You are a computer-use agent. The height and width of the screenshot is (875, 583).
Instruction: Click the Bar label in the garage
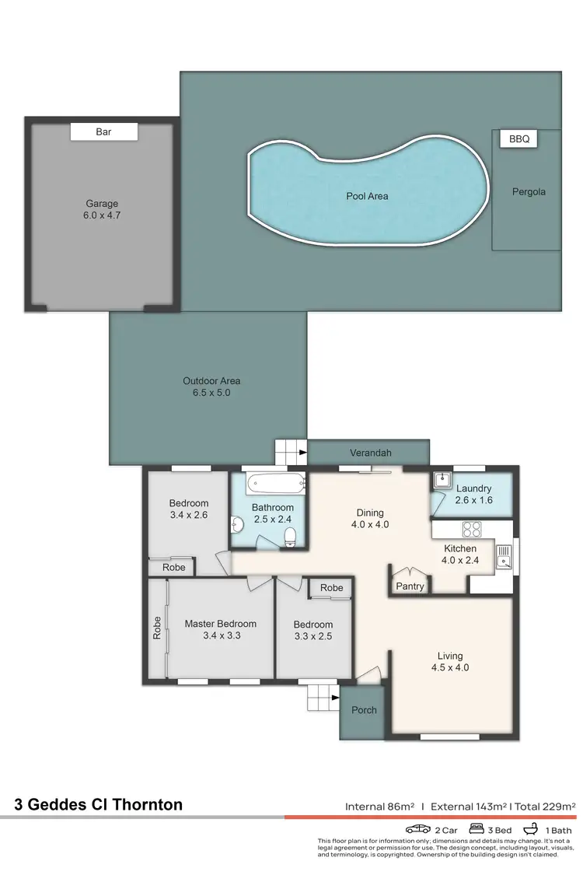[x=103, y=132]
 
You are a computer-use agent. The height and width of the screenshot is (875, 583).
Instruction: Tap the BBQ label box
[x=518, y=139]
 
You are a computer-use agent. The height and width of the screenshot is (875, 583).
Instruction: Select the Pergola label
[x=529, y=191]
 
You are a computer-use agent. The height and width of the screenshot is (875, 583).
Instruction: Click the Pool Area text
[x=367, y=196]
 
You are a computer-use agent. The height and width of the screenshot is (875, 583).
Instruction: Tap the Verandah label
[x=370, y=453]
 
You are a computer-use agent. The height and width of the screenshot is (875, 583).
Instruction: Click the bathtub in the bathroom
[x=275, y=484]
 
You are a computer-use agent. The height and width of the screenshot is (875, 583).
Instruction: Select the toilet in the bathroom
[x=289, y=537]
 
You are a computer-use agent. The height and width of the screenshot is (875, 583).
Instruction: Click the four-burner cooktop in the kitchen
[x=472, y=530]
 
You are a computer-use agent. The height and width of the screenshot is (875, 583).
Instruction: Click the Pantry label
[x=410, y=586]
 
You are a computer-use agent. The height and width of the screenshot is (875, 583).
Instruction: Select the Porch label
[x=364, y=709]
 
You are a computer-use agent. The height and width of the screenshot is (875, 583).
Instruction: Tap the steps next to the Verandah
[x=291, y=451]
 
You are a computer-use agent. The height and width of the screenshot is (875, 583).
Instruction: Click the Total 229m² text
[x=546, y=807]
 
